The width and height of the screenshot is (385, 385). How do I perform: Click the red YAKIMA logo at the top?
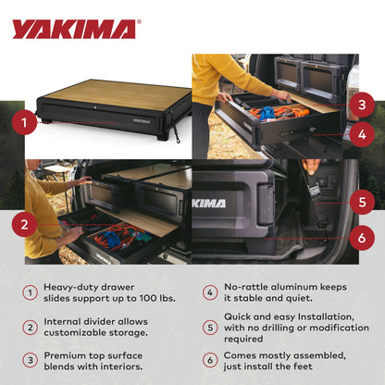74,29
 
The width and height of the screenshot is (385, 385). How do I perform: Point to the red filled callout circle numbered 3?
364,105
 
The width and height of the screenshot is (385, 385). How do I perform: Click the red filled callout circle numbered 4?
364,134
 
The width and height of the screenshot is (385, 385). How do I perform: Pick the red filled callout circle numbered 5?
364,200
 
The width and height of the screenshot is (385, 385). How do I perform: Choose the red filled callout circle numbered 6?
364,238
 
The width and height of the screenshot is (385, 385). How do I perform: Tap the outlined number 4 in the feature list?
210,293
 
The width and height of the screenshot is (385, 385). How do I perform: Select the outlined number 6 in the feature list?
210,360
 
